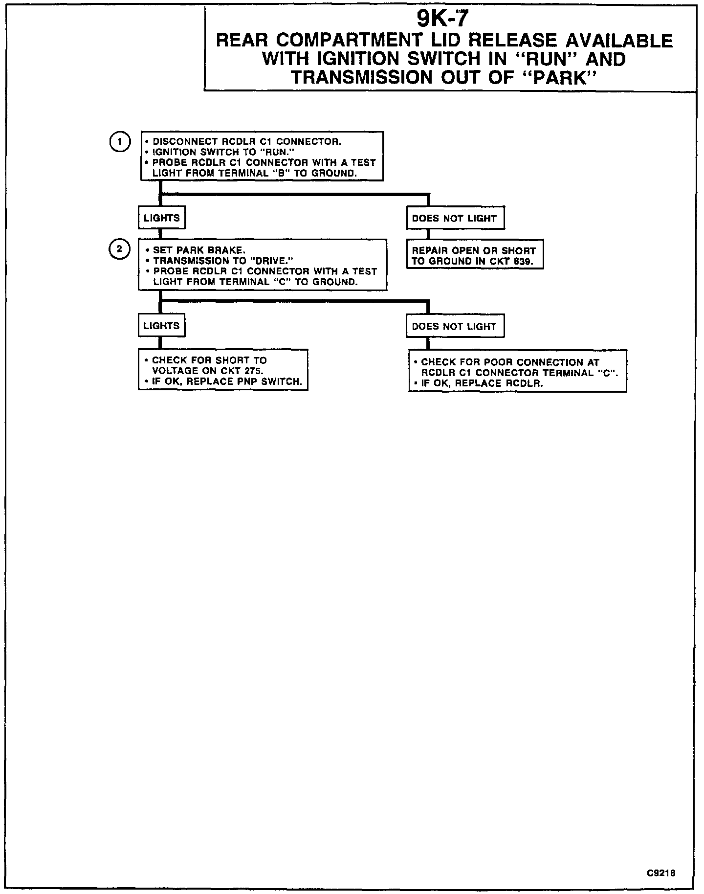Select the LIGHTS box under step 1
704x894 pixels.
162,218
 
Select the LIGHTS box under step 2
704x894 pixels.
161,326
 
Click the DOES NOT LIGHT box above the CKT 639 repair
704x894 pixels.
454,219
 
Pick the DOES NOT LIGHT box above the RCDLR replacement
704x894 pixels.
454,327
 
